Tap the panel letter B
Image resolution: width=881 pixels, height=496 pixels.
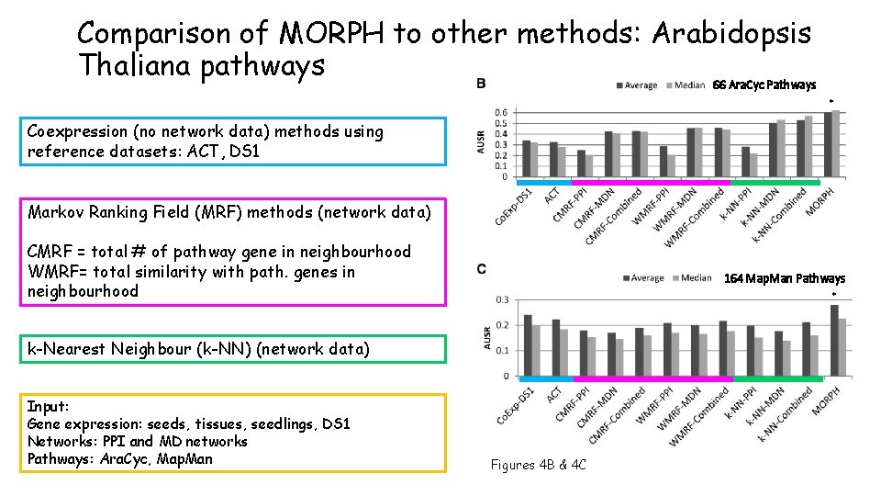click(482, 84)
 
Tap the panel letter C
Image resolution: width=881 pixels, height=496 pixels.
click(482, 268)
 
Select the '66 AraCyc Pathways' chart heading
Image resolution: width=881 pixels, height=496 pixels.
click(764, 85)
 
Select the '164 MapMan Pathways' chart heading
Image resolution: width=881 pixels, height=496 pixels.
click(785, 278)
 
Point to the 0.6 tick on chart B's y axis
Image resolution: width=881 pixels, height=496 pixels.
click(501, 113)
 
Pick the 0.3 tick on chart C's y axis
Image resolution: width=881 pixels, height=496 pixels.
click(501, 299)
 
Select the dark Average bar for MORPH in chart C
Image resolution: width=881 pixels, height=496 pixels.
click(834, 340)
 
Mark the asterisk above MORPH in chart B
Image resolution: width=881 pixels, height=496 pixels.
click(831, 101)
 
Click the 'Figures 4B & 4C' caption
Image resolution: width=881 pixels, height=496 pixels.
click(539, 465)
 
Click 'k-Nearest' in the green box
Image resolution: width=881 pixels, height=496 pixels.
click(66, 349)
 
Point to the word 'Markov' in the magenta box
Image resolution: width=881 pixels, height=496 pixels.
click(54, 212)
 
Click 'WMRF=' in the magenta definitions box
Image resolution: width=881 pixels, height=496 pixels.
click(54, 272)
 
